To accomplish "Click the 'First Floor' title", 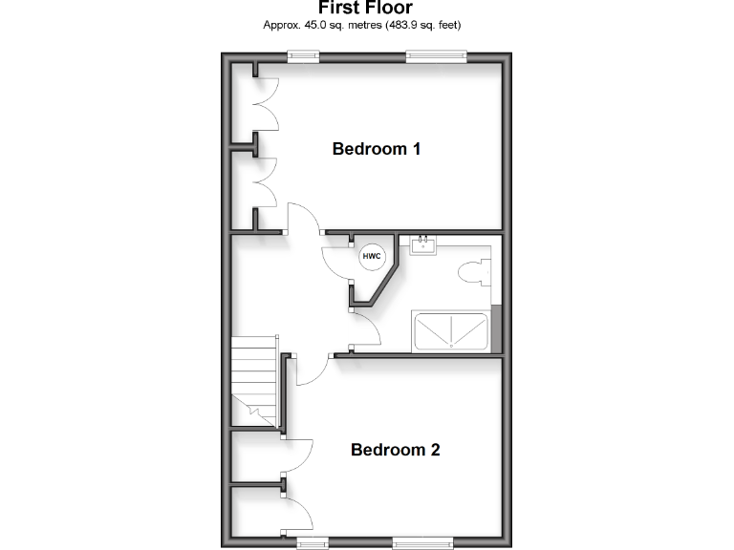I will pos(366,9).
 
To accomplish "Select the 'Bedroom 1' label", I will pos(377,149).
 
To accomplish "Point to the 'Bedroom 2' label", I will pos(395,450).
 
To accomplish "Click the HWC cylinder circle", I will pos(371,256).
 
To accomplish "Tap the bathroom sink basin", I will pos(422,246).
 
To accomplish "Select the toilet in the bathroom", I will pos(473,273).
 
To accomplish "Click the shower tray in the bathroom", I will pos(449,330).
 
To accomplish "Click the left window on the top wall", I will pos(304,57).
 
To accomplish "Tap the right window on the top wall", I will pos(436,57).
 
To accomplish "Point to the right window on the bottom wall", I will pos(423,543).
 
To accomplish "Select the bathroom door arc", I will pos(369,330).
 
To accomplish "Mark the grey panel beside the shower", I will pos(495,329).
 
